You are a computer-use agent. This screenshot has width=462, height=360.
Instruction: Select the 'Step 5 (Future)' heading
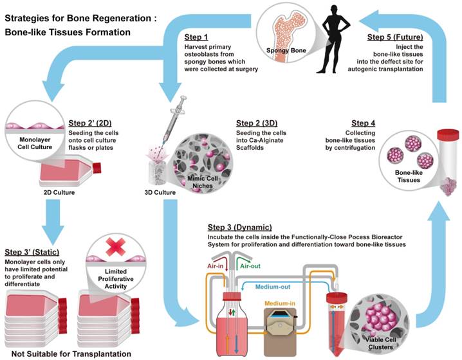[x=393, y=38]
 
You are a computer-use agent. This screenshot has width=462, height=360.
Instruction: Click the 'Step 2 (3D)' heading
[x=255, y=123]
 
